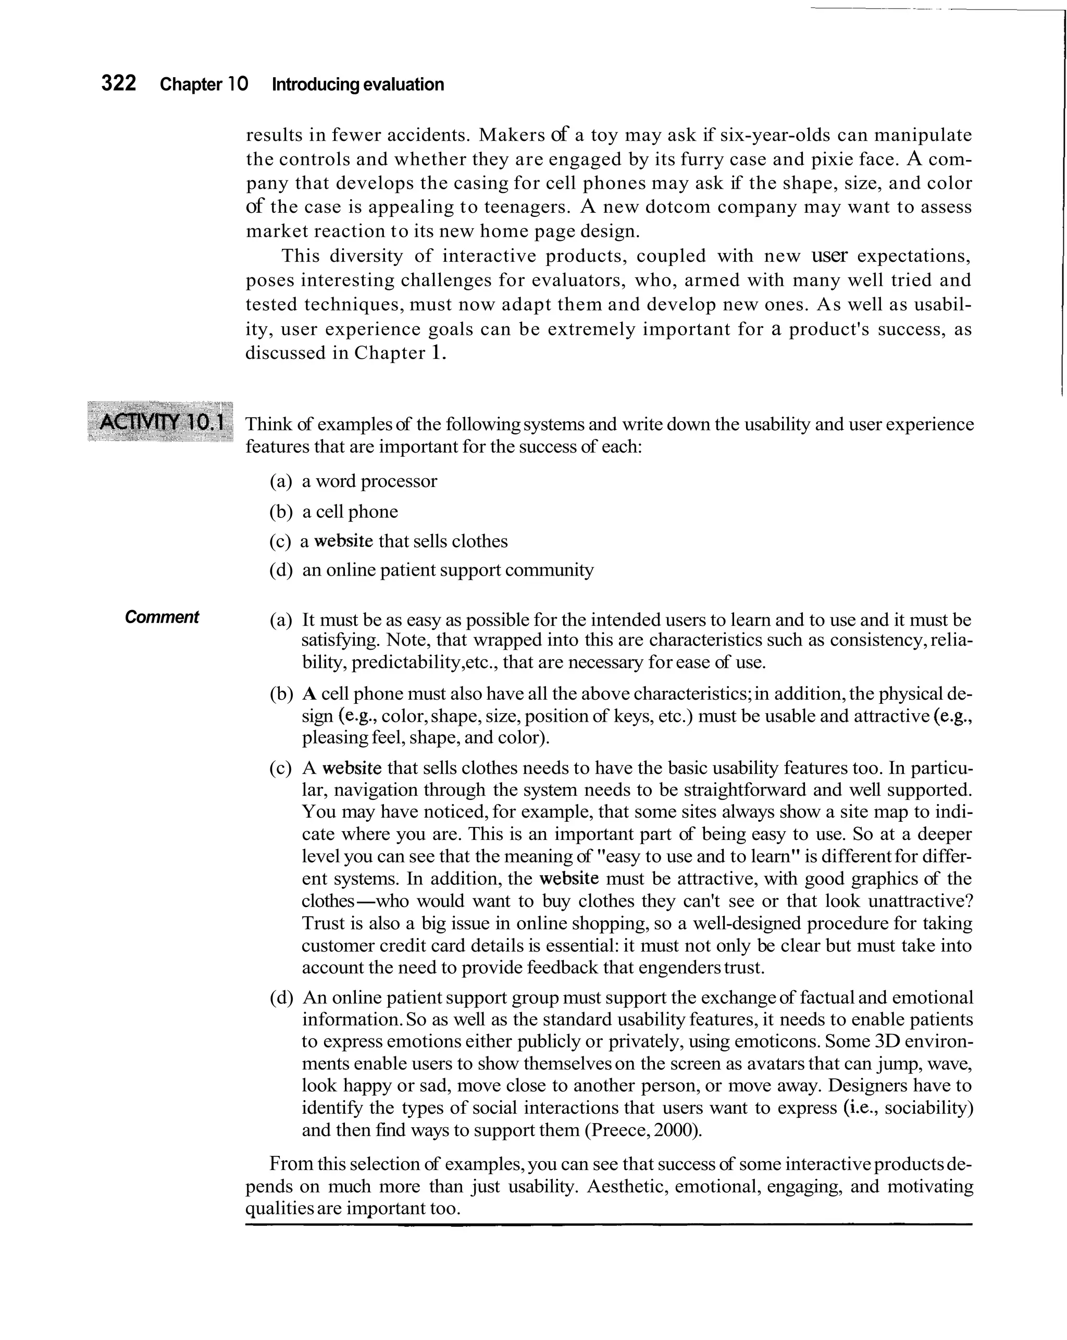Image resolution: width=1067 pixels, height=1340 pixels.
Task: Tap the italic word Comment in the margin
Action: (x=162, y=617)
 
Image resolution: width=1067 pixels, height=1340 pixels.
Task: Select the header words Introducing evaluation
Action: (x=358, y=84)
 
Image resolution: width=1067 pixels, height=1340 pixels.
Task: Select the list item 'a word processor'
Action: (x=369, y=481)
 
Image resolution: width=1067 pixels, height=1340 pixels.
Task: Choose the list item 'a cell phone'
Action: (x=350, y=511)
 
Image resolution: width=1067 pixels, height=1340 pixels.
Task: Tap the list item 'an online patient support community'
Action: (x=447, y=570)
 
